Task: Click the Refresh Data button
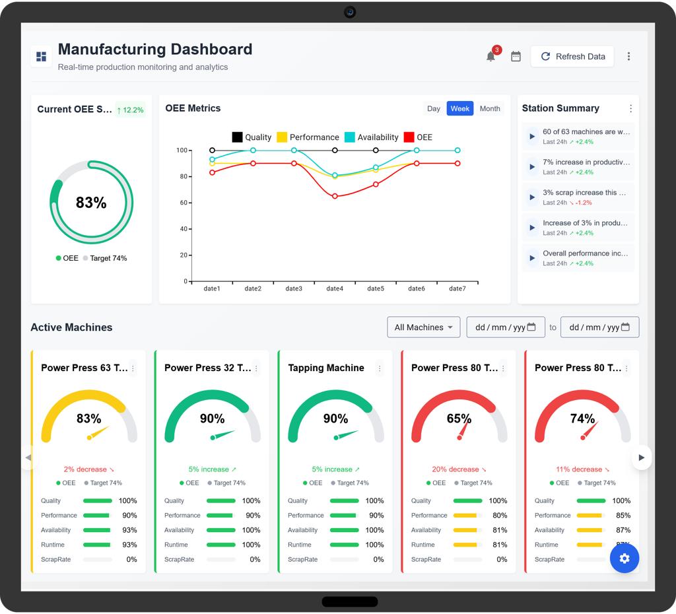[572, 57]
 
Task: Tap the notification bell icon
[490, 57]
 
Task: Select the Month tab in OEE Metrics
[490, 109]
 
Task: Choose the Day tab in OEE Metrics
[433, 109]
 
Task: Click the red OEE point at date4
[335, 196]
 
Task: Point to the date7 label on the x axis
[457, 289]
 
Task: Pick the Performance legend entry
[308, 137]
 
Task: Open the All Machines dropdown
[423, 327]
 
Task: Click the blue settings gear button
[625, 559]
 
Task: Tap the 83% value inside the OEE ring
[91, 202]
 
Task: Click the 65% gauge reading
[459, 418]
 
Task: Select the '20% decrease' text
[456, 469]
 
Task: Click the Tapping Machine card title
[326, 368]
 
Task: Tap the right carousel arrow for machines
[641, 458]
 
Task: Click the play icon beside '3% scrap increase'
[532, 197]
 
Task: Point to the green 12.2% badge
[130, 110]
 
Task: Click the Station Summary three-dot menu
[630, 109]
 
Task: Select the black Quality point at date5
[376, 151]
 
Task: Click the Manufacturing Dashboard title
[155, 49]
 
